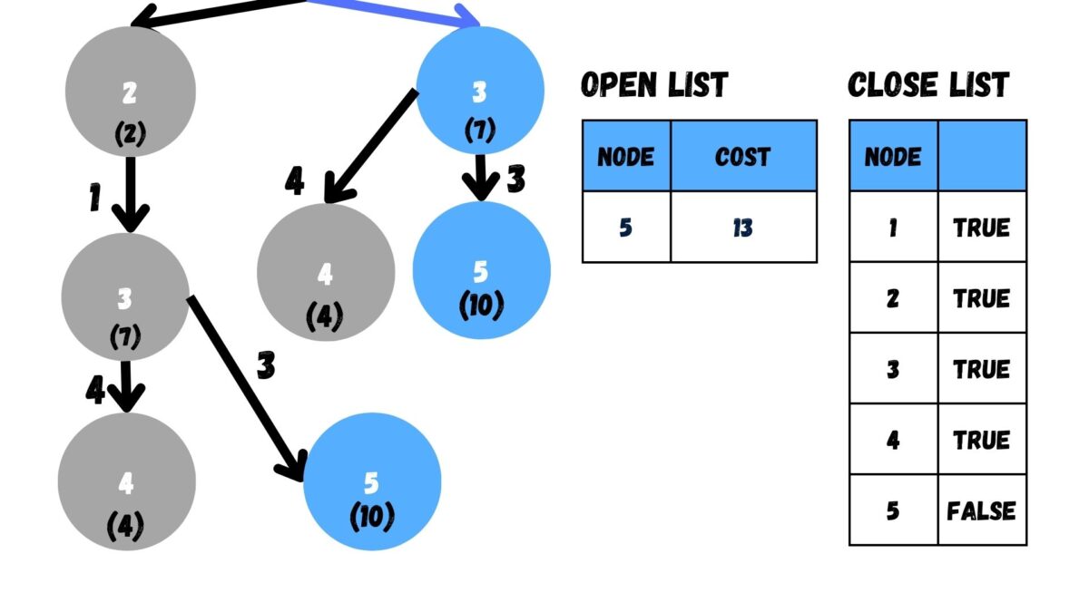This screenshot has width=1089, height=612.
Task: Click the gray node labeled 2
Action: pos(130,91)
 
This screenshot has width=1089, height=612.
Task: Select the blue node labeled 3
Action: pos(479,91)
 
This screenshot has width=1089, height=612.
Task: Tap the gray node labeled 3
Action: pos(125,296)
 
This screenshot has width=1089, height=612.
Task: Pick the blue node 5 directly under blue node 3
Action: pos(481,270)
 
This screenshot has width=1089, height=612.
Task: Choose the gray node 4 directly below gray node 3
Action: pos(126,481)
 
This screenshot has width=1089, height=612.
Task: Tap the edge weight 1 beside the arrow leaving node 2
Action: pos(95,199)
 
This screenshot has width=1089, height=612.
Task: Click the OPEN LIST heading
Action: pos(653,85)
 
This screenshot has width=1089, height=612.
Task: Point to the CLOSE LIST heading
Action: pos(927,85)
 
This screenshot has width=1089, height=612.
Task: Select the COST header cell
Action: pos(743,156)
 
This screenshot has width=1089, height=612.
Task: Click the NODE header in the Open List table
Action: pos(626,156)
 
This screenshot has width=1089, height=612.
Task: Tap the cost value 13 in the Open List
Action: pos(743,228)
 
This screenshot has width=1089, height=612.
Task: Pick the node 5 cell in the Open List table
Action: pos(626,228)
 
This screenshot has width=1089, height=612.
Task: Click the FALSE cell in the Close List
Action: pos(981,510)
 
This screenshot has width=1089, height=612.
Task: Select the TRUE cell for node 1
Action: pos(981,228)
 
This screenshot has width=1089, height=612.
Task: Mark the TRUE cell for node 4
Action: pos(981,440)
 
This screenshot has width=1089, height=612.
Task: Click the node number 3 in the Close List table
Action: pos(893,369)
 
